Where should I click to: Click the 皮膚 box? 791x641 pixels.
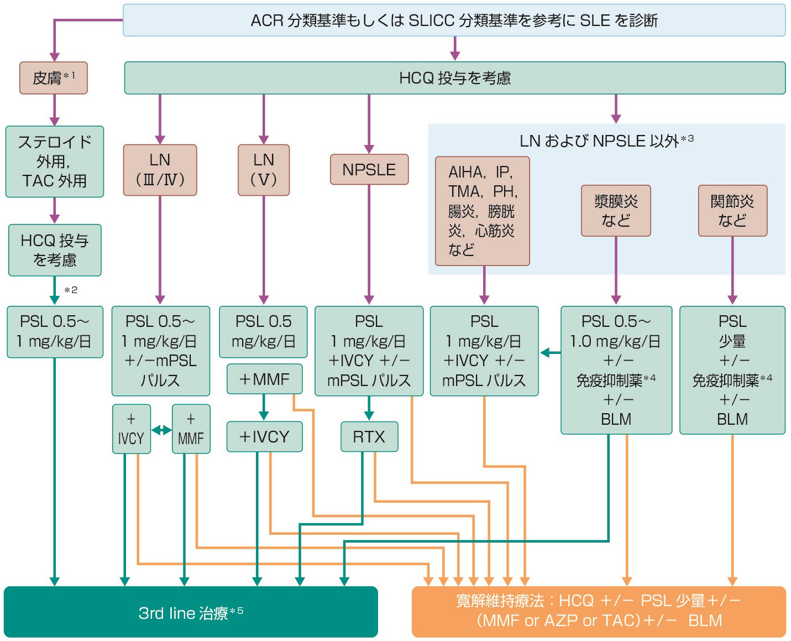(54, 78)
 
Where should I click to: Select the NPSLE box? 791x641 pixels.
(369, 169)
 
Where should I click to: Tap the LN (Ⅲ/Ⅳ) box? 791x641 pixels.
(160, 170)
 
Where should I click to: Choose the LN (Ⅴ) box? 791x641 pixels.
(264, 170)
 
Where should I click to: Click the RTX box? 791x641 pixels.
(369, 437)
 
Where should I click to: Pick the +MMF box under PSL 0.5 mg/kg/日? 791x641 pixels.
(264, 379)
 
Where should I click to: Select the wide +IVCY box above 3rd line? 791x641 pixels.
(264, 437)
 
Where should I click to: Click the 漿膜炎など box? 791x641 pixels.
(616, 211)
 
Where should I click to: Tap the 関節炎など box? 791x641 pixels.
(732, 211)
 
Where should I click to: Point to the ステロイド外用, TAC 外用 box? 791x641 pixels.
(54, 161)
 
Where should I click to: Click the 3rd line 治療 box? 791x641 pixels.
(191, 612)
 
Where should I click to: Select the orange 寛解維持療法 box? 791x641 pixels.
(599, 611)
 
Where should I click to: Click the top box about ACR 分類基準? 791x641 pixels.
(454, 20)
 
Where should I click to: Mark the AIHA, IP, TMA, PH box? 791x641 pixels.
(482, 211)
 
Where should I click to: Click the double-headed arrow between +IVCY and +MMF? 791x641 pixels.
(161, 430)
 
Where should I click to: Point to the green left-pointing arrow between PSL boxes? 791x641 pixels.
(550, 352)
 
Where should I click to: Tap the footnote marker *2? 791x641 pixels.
(71, 290)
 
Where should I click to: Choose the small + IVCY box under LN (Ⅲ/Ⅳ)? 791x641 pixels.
(131, 429)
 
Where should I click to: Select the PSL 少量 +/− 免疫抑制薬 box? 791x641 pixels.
(732, 369)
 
